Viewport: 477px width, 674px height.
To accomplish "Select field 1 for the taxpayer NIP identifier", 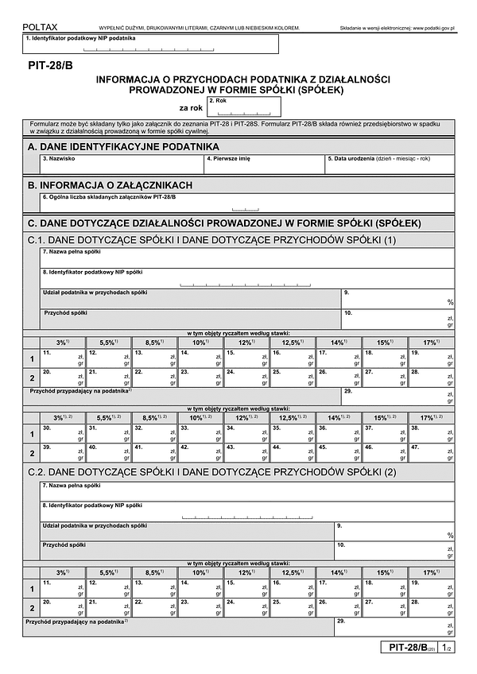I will point(150,44).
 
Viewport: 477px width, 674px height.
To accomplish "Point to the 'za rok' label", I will point(190,107).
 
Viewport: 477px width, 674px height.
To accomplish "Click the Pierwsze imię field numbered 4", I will point(264,165).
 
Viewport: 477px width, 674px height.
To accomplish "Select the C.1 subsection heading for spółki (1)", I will point(211,240).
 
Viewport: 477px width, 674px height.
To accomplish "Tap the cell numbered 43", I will point(246,453).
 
